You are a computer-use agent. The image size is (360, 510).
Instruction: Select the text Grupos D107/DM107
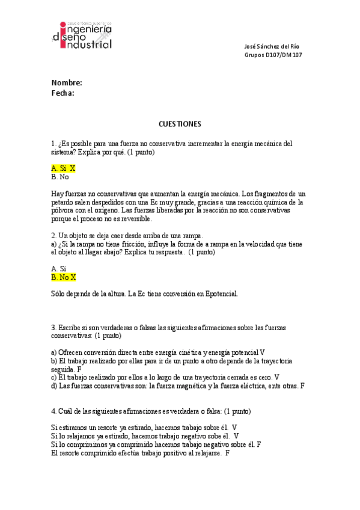point(273,55)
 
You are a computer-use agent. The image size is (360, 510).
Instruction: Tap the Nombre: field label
point(66,83)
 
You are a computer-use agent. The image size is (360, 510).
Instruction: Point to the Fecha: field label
point(63,93)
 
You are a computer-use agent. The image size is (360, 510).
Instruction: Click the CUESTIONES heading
point(180,124)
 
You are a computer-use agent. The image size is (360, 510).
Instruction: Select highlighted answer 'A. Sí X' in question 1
point(63,169)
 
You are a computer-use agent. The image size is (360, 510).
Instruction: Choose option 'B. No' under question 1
point(60,177)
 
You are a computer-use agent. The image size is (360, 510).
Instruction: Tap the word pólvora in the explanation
point(64,211)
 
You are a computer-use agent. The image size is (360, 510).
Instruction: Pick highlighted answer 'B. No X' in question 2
point(64,277)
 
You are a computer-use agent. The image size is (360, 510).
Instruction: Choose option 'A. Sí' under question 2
point(58,269)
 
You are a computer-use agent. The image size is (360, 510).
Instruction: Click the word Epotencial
point(221,294)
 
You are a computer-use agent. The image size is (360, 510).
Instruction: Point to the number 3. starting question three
point(54,327)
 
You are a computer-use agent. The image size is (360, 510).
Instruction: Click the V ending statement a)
point(263,352)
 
